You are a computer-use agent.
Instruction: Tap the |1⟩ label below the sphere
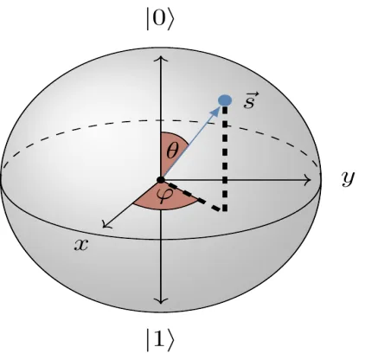pyautogui.click(x=160, y=340)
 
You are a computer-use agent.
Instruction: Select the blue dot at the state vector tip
pyautogui.click(x=225, y=100)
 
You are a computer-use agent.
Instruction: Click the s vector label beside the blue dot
pyautogui.click(x=251, y=100)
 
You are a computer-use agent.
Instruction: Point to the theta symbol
pyautogui.click(x=173, y=150)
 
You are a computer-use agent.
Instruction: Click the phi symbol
pyautogui.click(x=164, y=196)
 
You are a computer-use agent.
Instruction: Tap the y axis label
pyautogui.click(x=349, y=178)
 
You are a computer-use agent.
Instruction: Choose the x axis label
pyautogui.click(x=81, y=245)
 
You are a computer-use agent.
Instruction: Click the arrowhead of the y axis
pyautogui.click(x=307, y=180)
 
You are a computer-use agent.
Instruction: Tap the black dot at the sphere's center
pyautogui.click(x=161, y=180)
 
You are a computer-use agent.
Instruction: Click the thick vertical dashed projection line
pyautogui.click(x=225, y=158)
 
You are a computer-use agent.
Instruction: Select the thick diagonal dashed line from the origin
pyautogui.click(x=193, y=196)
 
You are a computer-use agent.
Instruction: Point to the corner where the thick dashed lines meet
pyautogui.click(x=225, y=209)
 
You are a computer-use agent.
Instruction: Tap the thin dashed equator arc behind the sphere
pyautogui.click(x=161, y=120)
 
